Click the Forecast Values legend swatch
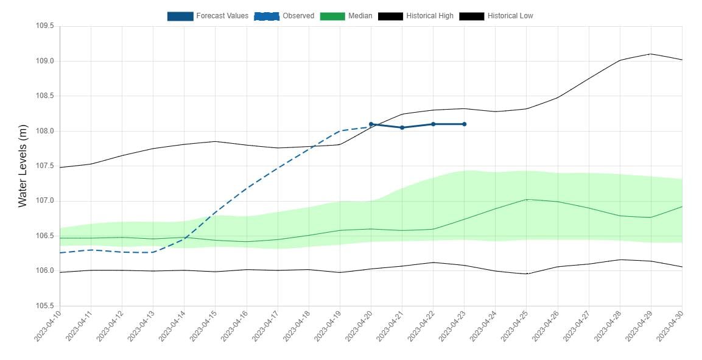point(180,16)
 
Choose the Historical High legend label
point(429,16)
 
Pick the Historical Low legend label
point(510,16)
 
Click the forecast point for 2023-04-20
point(371,124)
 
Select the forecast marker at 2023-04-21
point(402,127)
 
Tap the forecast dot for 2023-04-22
point(433,124)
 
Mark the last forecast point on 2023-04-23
point(464,124)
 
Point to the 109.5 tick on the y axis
point(45,26)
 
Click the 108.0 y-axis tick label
point(45,131)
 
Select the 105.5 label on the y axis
point(45,306)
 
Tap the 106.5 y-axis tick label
point(45,236)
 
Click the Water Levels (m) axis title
point(23,166)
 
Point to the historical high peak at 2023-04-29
point(651,54)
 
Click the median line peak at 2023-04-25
point(527,199)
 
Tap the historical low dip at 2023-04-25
point(527,274)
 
